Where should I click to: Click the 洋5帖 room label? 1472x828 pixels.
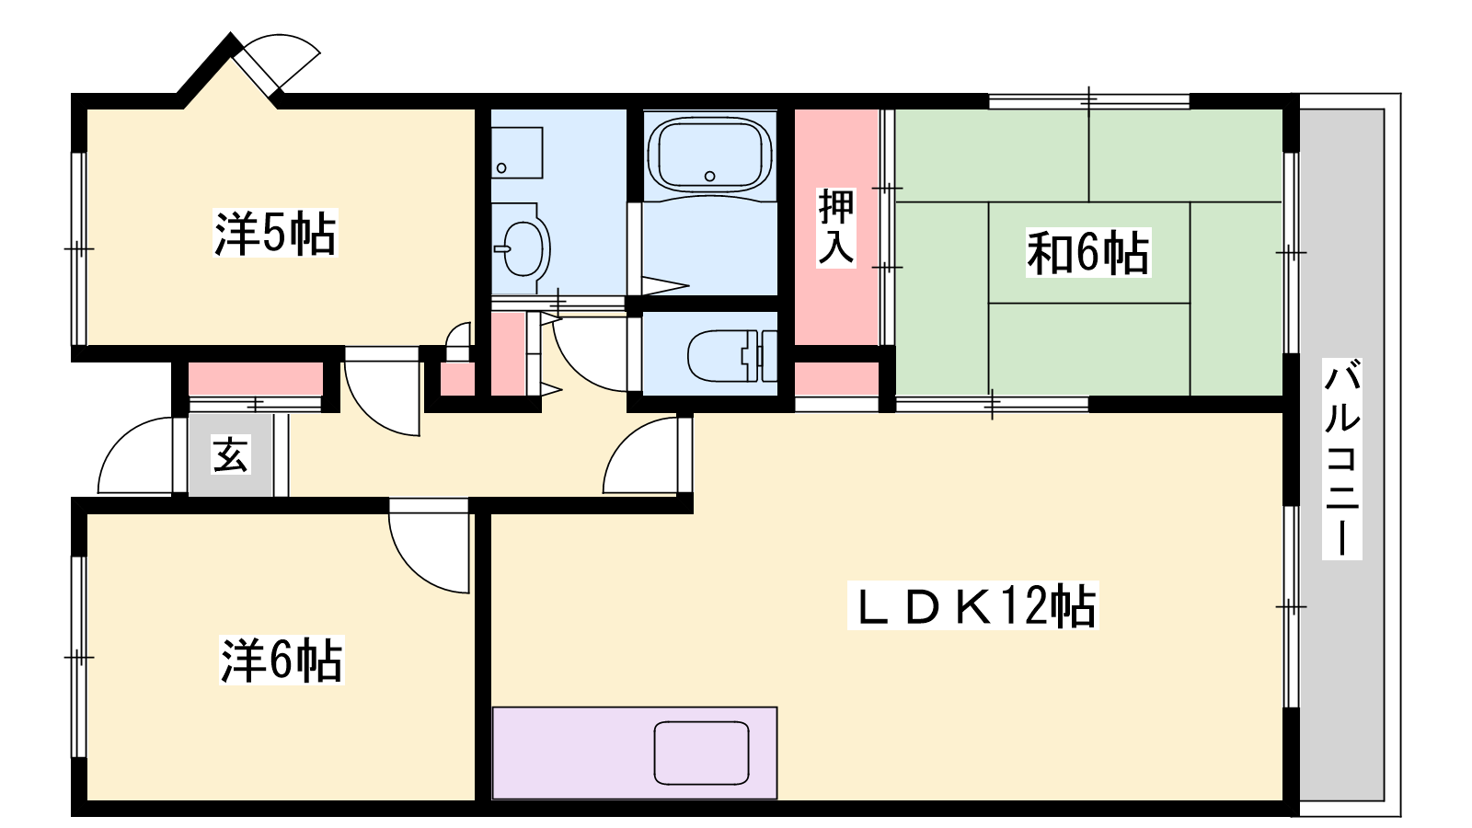[275, 233]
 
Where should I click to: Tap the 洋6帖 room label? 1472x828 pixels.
[282, 661]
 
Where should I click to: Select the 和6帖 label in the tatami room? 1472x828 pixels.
[1088, 253]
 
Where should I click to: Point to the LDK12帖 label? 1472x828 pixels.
[972, 605]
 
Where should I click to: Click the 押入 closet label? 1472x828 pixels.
[836, 227]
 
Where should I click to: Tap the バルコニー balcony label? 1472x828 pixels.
[1342, 459]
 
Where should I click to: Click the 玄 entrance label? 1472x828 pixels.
[230, 454]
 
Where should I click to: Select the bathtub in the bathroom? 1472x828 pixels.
[709, 155]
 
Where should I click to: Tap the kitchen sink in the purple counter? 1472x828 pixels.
[701, 753]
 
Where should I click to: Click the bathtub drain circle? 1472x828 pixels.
[709, 176]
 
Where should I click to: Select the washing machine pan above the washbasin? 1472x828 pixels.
[517, 153]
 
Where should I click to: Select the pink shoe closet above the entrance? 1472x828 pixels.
[256, 378]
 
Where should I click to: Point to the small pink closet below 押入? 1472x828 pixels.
[836, 378]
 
